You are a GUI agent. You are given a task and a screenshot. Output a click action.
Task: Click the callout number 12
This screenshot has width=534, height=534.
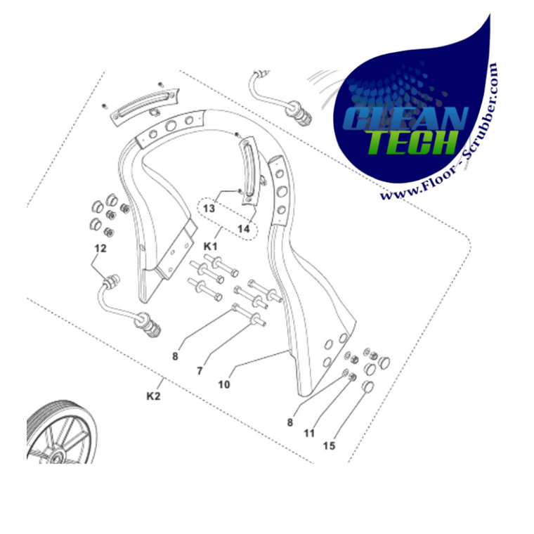100,249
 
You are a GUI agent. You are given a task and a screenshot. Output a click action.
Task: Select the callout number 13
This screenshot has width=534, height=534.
209,208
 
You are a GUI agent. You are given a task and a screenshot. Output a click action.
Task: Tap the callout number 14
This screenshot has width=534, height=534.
244,229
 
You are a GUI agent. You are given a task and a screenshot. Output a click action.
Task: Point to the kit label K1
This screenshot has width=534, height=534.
210,246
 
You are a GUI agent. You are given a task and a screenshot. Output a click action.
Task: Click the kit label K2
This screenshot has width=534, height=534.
153,396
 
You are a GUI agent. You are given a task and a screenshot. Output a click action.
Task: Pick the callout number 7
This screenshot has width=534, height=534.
200,371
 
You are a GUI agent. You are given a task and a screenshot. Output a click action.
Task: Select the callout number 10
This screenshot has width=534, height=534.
223,384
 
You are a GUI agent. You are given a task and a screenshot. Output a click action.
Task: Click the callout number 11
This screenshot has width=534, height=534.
309,434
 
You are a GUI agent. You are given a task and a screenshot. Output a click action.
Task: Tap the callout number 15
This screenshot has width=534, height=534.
329,445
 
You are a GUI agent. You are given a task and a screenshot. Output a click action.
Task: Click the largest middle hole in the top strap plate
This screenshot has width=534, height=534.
171,126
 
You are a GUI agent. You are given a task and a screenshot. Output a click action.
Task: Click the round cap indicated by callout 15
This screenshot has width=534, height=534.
367,386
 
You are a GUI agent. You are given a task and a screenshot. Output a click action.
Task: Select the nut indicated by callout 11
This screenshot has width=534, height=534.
353,377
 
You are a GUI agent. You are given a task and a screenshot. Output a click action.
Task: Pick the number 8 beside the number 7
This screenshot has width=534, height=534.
175,356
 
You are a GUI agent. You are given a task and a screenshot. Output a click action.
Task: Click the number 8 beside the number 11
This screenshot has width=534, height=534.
289,422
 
